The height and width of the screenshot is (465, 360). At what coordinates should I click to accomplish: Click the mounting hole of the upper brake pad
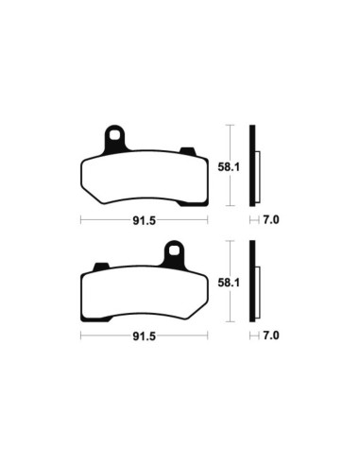point(113,134)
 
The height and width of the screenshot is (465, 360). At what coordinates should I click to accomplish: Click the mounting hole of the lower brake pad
point(174,251)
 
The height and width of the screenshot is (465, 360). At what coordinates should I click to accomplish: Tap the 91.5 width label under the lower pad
point(143,335)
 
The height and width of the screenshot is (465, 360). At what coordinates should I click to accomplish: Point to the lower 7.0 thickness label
point(270,335)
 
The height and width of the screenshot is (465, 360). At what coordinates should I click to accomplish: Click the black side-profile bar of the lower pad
point(251,282)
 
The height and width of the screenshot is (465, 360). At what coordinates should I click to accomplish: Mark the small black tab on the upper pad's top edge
point(186,148)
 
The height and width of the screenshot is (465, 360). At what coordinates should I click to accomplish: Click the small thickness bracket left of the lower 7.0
point(253,335)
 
